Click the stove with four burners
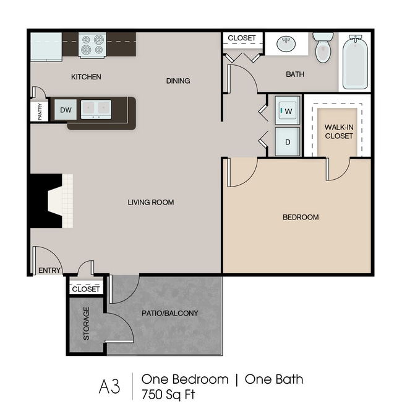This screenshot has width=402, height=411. (x=92, y=45)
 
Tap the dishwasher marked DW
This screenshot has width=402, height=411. (x=66, y=110)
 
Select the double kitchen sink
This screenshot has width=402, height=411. (x=96, y=109)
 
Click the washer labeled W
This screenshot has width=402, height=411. (x=287, y=110)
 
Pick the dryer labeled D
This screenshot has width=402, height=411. (x=287, y=141)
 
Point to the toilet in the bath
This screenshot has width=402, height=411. (x=323, y=47)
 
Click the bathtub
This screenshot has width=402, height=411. (x=355, y=62)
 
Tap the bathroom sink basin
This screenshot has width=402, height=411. (x=286, y=44)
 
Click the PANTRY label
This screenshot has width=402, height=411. (x=40, y=112)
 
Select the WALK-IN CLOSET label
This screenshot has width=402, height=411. (x=339, y=131)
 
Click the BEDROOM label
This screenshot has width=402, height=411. (x=301, y=217)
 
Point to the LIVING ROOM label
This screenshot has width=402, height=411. (x=151, y=202)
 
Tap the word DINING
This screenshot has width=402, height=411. (x=178, y=81)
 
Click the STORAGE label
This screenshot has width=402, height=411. (x=86, y=324)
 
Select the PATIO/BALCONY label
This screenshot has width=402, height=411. (x=169, y=313)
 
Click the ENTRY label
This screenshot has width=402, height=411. (x=49, y=270)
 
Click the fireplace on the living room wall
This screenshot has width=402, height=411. (x=50, y=201)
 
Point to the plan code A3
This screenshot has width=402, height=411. (x=109, y=387)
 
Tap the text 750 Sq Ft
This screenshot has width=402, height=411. (x=168, y=394)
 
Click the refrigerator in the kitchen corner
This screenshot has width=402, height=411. (x=46, y=46)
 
